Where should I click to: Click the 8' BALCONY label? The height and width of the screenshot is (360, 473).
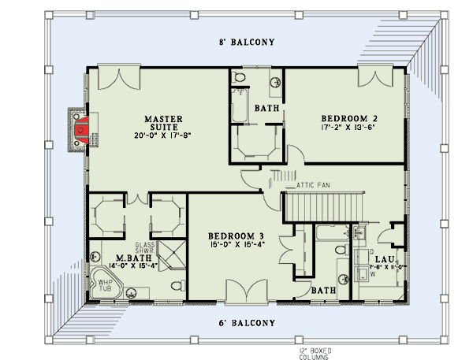coord(246,43)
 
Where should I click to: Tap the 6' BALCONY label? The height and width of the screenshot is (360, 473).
coord(246,323)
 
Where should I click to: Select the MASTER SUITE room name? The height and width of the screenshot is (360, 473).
coord(164,123)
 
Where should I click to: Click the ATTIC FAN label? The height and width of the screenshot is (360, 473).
coord(312,185)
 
